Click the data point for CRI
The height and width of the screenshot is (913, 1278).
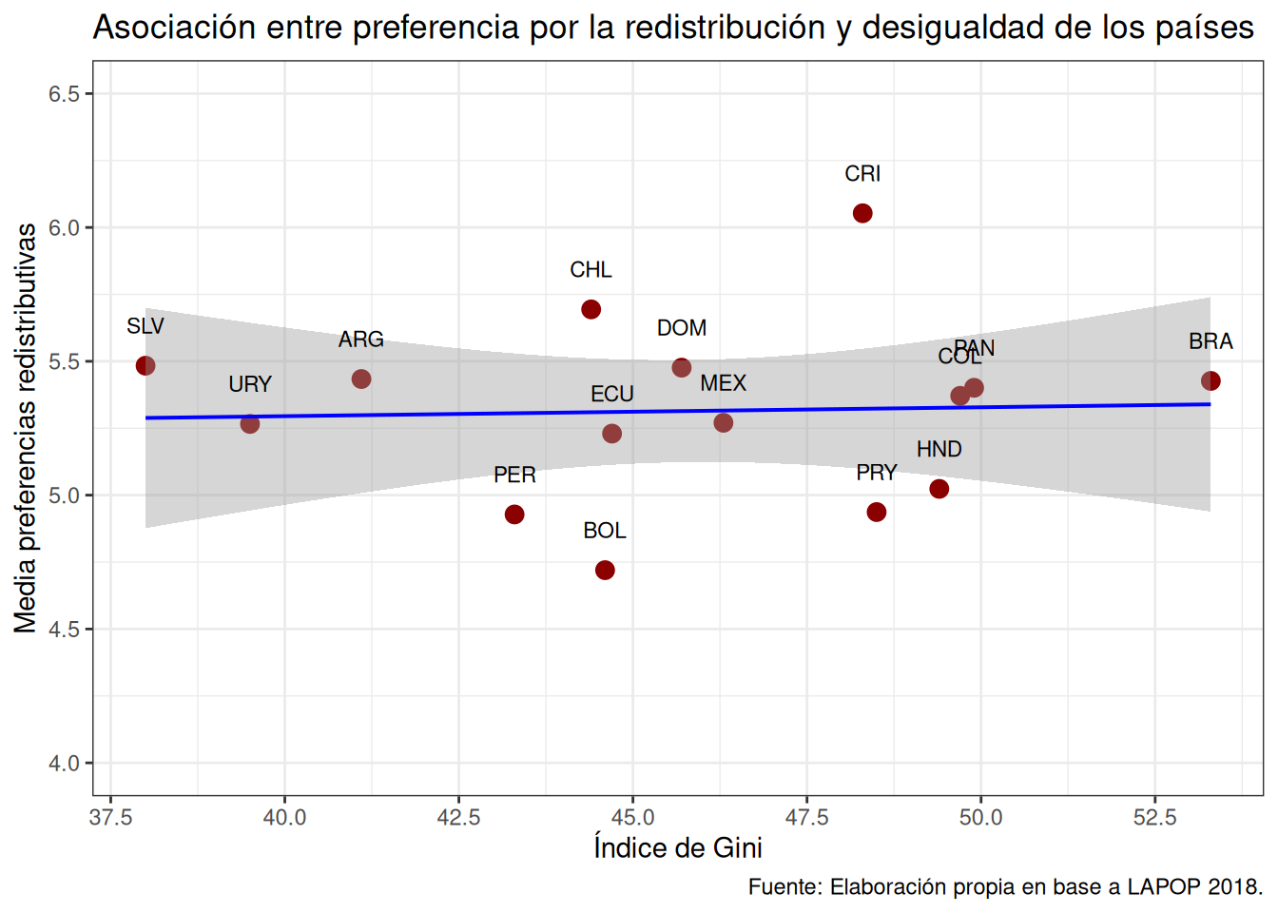tap(862, 213)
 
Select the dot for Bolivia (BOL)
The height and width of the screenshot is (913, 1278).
tap(605, 571)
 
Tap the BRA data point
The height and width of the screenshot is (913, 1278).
tap(1210, 381)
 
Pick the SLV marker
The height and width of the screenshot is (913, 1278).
tap(145, 366)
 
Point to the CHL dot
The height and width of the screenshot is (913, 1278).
tap(591, 310)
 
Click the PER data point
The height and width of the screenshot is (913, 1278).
tap(514, 515)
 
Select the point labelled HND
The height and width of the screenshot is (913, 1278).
tap(939, 489)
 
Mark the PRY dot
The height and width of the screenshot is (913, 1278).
tap(877, 513)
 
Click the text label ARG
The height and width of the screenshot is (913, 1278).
tap(361, 340)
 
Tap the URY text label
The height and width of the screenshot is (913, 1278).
tap(250, 384)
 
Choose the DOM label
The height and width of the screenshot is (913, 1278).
tap(682, 328)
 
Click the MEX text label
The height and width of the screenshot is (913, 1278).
tap(724, 383)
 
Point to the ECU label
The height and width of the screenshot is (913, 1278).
tap(612, 394)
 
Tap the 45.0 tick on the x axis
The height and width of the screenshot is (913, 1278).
tap(632, 818)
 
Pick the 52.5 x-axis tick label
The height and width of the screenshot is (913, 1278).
tap(1154, 818)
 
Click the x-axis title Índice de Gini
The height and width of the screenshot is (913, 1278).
tap(678, 847)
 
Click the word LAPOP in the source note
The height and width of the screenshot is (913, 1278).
tap(1164, 887)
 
